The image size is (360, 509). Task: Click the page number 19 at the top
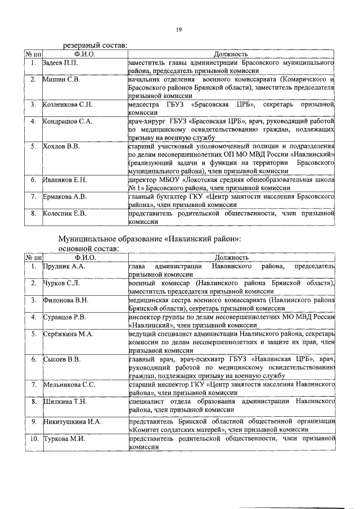(x=178, y=30)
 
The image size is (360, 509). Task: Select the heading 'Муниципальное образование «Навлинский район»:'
(x=150, y=238)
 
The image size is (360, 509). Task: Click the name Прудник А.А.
(x=64, y=265)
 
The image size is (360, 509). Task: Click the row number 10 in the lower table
(x=34, y=438)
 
